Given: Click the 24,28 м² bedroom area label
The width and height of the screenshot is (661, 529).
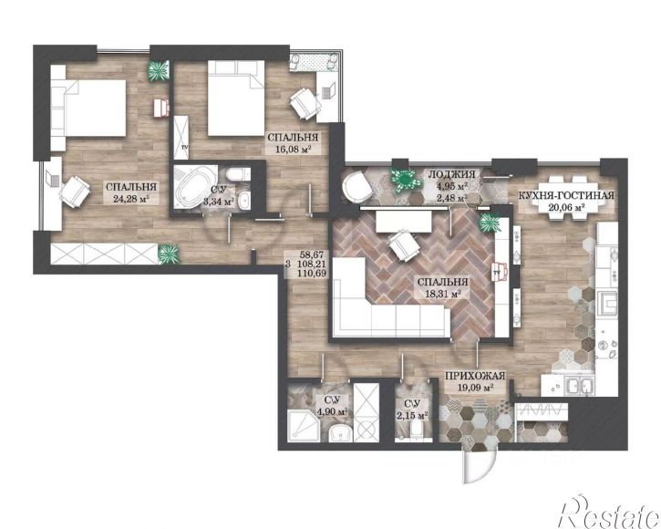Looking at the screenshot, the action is tap(132, 199).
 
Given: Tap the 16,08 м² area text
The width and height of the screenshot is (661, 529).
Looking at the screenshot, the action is tap(294, 149).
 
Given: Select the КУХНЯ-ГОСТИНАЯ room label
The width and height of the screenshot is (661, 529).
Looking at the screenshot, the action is tap(565, 195).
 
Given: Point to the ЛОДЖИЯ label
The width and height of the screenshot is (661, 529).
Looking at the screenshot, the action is tap(452, 174).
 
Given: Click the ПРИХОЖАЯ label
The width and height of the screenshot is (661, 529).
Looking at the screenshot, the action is tap(475, 376).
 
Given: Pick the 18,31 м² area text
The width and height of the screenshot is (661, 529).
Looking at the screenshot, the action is tap(442, 294).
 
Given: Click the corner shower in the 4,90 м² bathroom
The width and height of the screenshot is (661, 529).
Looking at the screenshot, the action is tap(303, 425).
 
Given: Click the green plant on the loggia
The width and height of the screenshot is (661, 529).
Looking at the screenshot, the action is tap(406, 180).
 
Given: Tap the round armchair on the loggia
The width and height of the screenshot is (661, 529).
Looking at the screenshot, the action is tap(356, 187).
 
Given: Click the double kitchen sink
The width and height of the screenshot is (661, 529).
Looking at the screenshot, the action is tap(581, 385).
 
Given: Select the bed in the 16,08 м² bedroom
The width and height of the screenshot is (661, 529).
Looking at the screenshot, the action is tap(236, 99).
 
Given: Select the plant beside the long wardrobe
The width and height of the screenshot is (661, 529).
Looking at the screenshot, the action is tap(169, 254).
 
